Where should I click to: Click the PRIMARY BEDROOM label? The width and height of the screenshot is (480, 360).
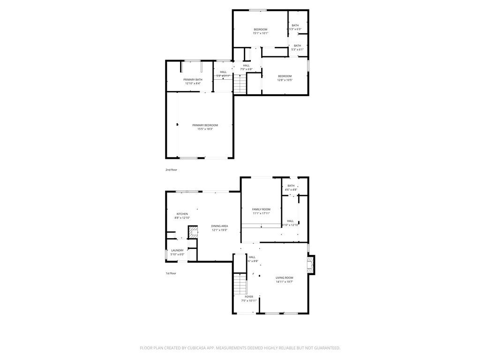click(x=205, y=125)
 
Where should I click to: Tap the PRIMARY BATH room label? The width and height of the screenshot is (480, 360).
click(x=193, y=80)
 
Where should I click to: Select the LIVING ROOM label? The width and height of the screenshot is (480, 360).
click(x=284, y=278)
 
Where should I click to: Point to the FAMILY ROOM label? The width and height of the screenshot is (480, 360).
click(x=261, y=209)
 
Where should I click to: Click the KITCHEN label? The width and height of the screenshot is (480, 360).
click(x=182, y=214)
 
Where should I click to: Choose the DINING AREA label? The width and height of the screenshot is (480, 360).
click(x=219, y=226)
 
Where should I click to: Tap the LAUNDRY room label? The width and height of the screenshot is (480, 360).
click(x=177, y=250)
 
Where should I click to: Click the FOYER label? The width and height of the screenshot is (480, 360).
click(x=249, y=297)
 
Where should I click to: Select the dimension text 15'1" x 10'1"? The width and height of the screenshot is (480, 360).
click(x=260, y=33)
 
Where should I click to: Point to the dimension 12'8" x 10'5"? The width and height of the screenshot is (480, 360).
click(x=285, y=80)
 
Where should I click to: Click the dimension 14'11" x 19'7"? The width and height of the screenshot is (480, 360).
click(x=284, y=282)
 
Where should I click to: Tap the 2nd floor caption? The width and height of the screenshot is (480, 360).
click(x=171, y=170)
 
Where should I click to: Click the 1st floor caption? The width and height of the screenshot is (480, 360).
click(x=171, y=273)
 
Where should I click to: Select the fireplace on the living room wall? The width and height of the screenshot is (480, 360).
click(x=311, y=265)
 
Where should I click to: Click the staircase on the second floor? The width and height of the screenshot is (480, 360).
click(x=240, y=84)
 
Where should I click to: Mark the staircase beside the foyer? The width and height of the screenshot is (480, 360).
click(x=240, y=284)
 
